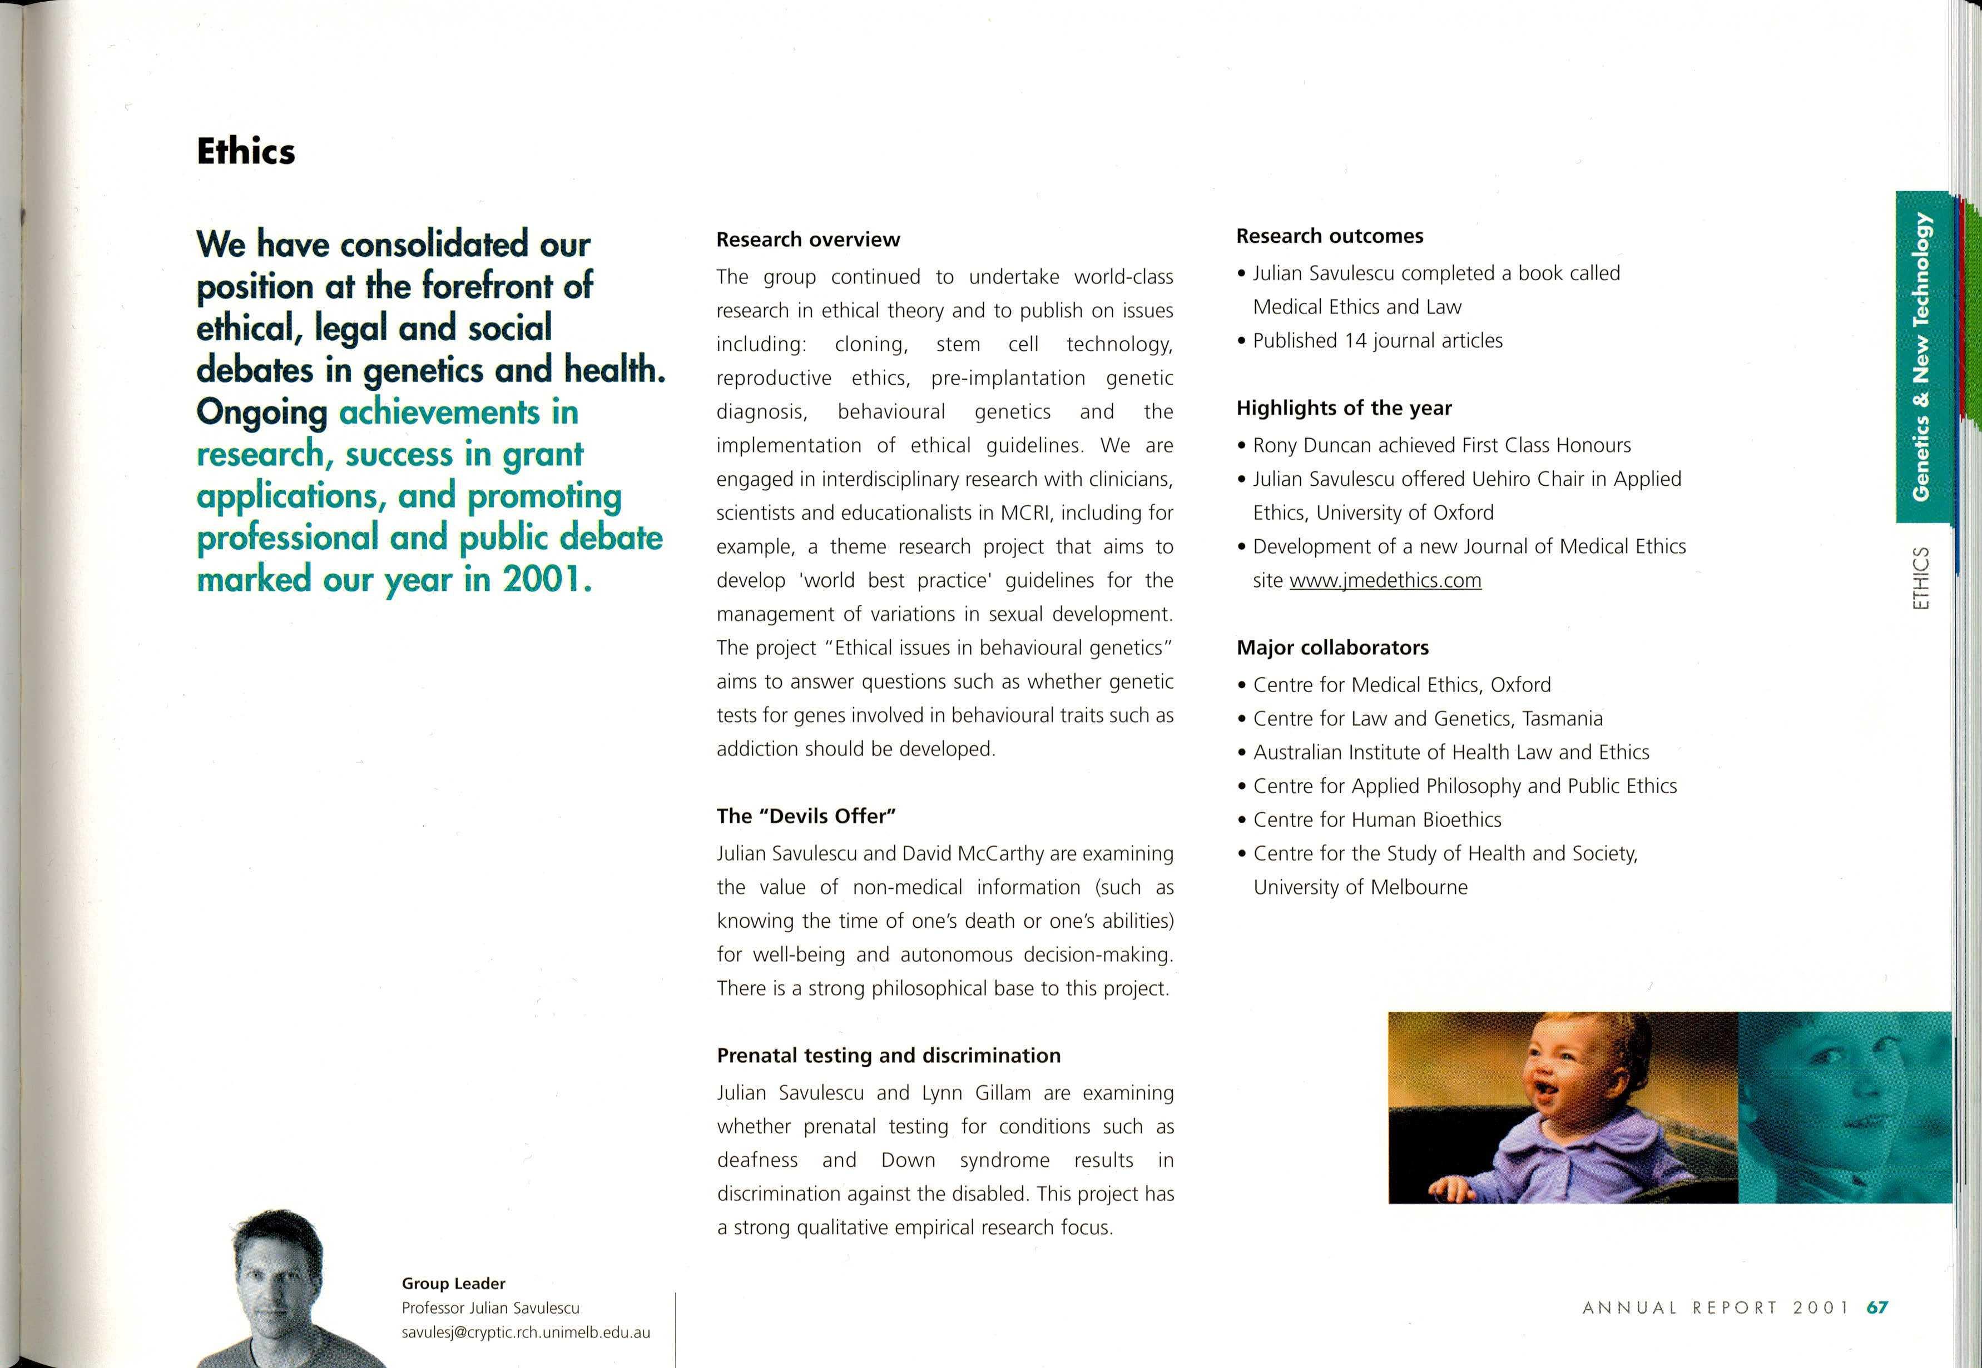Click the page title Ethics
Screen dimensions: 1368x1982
pos(246,152)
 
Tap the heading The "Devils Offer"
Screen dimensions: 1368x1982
pos(806,816)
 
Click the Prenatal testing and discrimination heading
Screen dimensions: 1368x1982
pos(888,1055)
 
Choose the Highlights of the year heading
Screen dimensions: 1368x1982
pos(1344,408)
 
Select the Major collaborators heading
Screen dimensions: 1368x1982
pos(1332,647)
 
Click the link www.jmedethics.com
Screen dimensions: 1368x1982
pos(1385,580)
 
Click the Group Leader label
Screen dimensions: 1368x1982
pos(453,1283)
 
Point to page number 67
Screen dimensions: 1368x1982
pos(1877,1308)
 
